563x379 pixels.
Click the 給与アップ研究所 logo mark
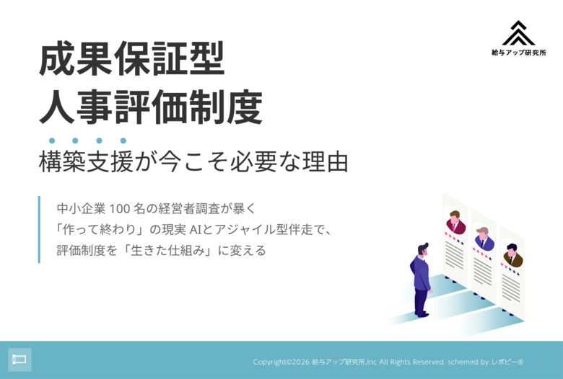pyautogui.click(x=518, y=33)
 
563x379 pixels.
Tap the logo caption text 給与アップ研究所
pyautogui.click(x=518, y=53)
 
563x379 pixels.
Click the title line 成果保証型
pyautogui.click(x=132, y=61)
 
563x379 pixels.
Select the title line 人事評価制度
pyautogui.click(x=150, y=108)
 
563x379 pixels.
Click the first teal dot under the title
pyautogui.click(x=52, y=141)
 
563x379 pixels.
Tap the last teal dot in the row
pyautogui.click(x=123, y=141)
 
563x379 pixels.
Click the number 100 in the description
pyautogui.click(x=119, y=209)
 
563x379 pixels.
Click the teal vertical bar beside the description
pyautogui.click(x=39, y=229)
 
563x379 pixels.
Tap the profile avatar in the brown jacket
pyautogui.click(x=512, y=256)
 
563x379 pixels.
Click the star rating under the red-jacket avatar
pyautogui.click(x=454, y=236)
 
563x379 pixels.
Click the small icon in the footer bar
pyautogui.click(x=19, y=360)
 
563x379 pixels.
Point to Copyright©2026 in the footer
pyautogui.click(x=281, y=362)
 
